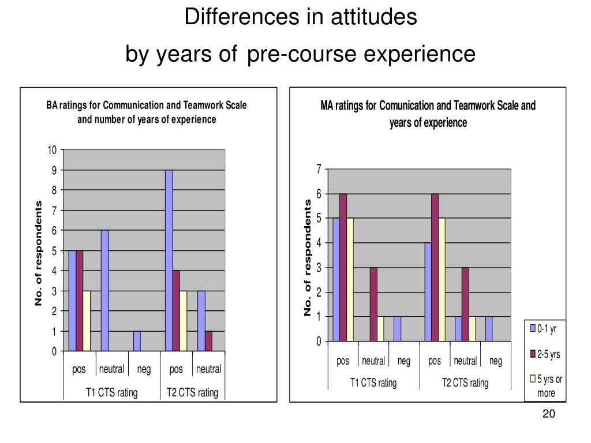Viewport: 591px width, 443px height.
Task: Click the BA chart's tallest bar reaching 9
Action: [169, 260]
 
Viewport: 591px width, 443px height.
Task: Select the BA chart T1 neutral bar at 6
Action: [104, 290]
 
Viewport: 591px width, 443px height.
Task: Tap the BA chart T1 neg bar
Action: [137, 341]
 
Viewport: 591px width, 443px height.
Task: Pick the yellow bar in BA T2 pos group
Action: [184, 321]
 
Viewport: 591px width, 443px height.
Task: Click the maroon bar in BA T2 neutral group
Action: [208, 341]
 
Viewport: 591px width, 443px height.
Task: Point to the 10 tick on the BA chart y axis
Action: [53, 150]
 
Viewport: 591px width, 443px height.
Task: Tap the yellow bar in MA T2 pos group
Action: [442, 279]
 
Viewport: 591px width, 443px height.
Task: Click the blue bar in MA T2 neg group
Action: [489, 329]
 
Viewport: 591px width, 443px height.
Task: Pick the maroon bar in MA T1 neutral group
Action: [374, 304]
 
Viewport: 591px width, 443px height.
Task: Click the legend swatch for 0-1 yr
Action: [533, 329]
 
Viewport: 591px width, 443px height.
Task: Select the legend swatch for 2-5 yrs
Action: [533, 354]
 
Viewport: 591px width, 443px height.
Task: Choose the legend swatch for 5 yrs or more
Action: [533, 379]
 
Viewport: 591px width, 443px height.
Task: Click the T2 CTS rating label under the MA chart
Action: [465, 382]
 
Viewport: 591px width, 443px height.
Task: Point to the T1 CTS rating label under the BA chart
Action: [112, 393]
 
